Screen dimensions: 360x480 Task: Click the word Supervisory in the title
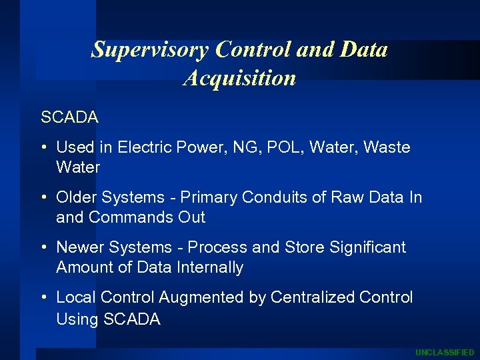pyautogui.click(x=150, y=49)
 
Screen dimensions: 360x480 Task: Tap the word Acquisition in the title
pyautogui.click(x=239, y=78)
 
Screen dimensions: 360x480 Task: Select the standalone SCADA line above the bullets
pyautogui.click(x=69, y=117)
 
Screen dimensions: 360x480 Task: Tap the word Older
pyautogui.click(x=79, y=197)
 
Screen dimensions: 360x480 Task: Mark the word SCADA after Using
pyautogui.click(x=132, y=319)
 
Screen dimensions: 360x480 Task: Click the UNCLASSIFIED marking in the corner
pyautogui.click(x=445, y=352)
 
